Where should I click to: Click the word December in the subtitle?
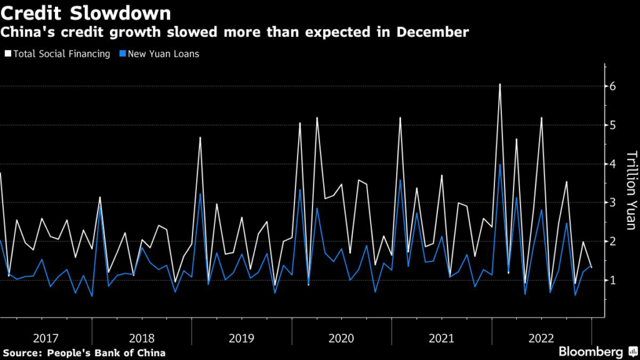coord(435,32)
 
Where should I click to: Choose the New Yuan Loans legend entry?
coord(163,54)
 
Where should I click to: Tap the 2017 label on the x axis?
coord(46,338)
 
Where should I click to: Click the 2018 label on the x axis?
coord(142,338)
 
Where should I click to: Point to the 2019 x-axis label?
coord(241,338)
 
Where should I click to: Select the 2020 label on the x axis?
coord(341,338)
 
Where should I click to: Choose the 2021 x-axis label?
coord(441,338)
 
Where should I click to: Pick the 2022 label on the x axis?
coord(541,338)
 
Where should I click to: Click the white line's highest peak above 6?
coord(500,84)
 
